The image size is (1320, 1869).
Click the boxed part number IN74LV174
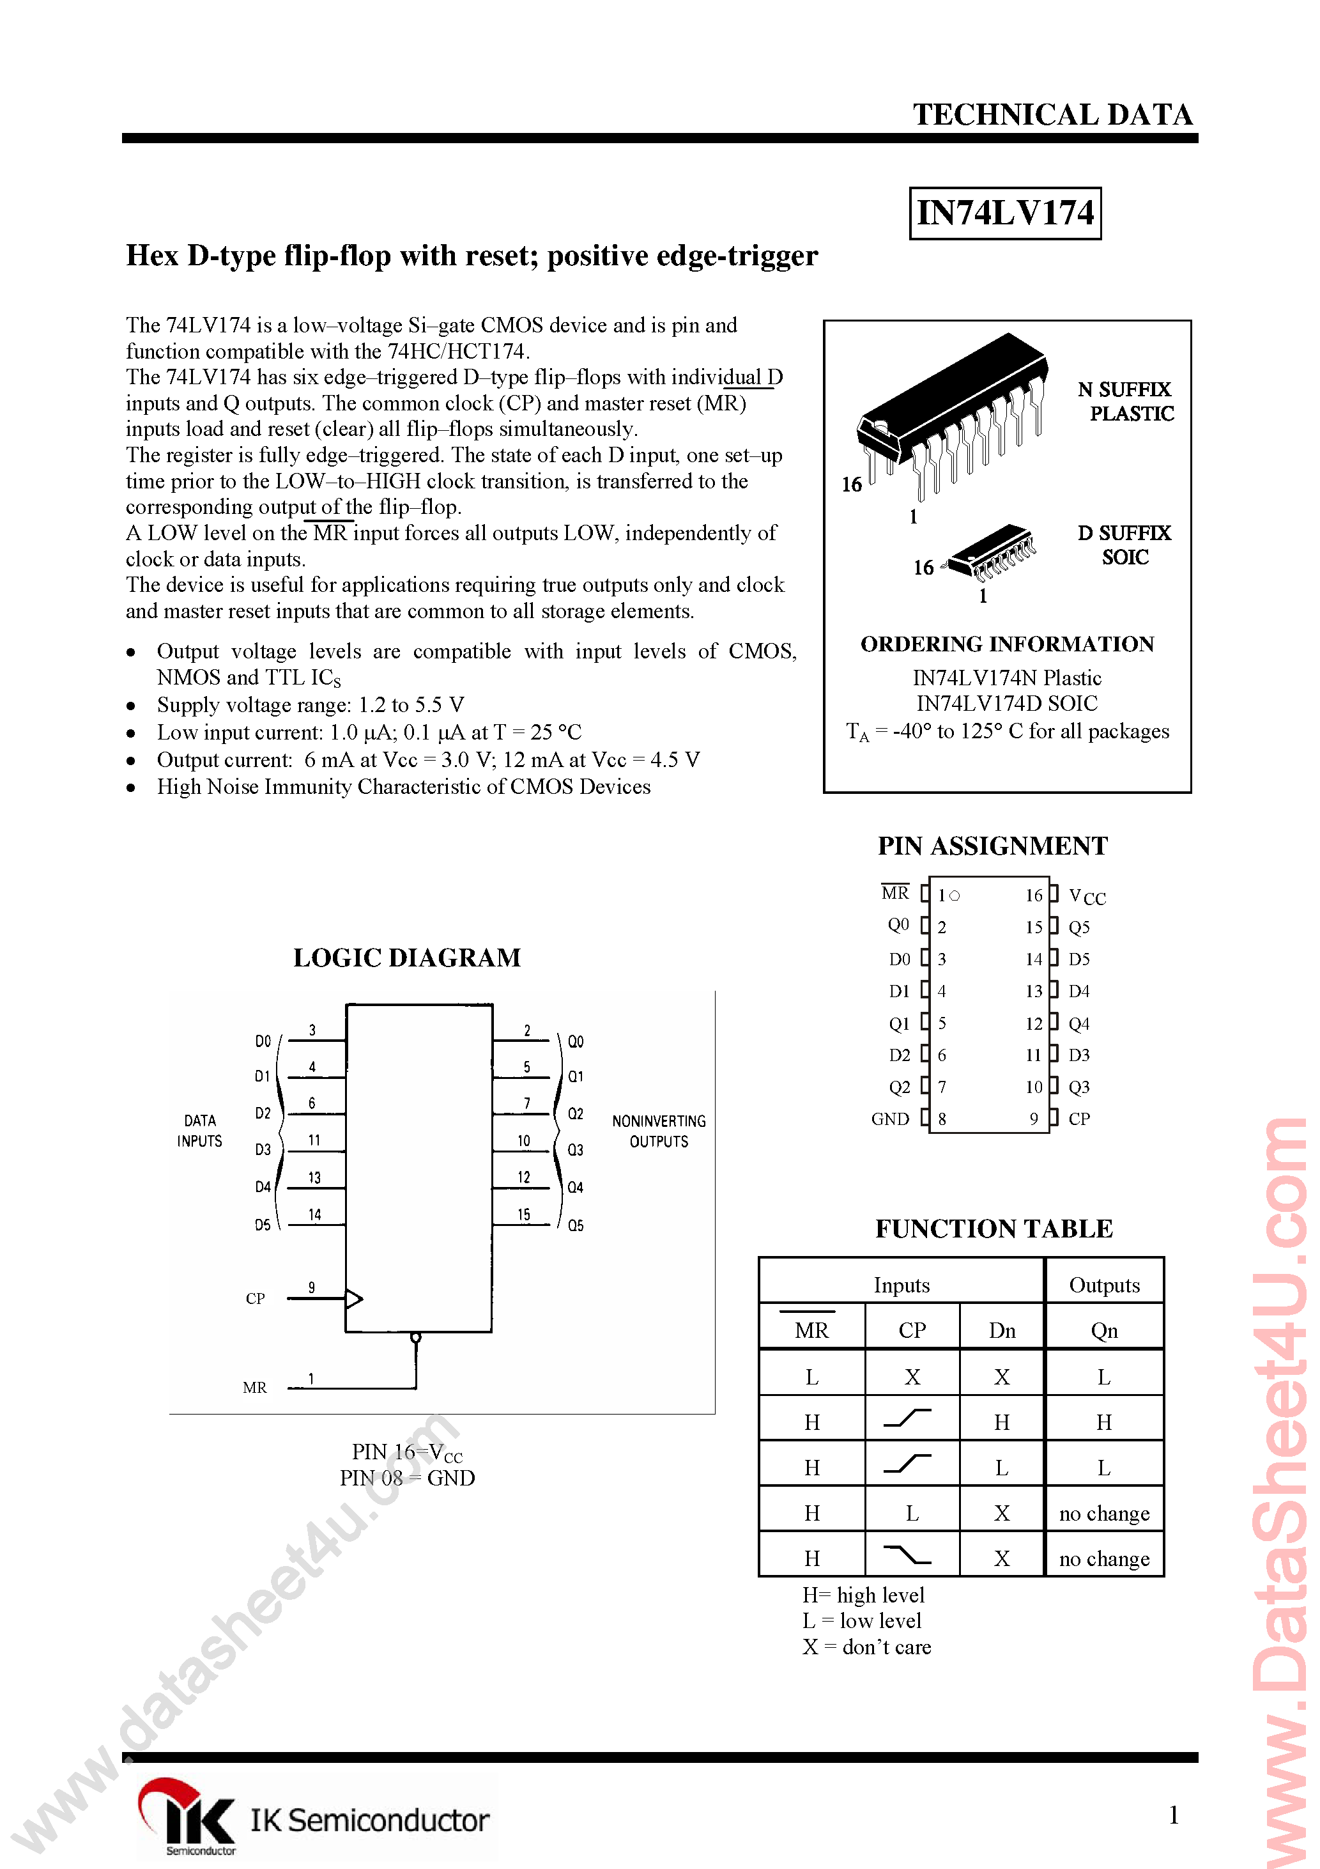(1004, 213)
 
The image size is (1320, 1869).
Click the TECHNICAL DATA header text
(1052, 115)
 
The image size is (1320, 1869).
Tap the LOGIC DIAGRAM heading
(407, 958)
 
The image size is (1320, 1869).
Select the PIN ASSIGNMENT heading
(992, 846)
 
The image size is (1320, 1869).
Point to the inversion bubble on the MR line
(416, 1337)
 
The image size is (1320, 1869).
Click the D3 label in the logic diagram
(263, 1149)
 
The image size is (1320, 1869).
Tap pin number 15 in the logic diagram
(524, 1214)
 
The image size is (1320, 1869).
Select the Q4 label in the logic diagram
(576, 1187)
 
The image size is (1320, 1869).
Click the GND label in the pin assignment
(889, 1119)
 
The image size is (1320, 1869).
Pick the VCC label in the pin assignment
(1086, 896)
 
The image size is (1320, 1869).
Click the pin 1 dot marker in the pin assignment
(955, 896)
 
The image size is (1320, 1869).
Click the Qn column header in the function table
(1103, 1330)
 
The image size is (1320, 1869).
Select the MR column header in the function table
(811, 1330)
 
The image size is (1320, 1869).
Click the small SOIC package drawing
(991, 551)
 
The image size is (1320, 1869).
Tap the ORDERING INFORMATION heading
(1007, 644)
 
